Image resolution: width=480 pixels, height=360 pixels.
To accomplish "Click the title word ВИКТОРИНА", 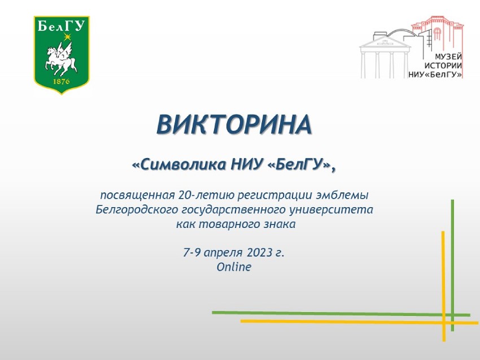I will [x=234, y=125].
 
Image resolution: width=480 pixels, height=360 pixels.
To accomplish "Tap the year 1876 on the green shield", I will [x=61, y=82].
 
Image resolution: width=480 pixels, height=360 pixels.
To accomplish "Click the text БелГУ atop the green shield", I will [x=62, y=25].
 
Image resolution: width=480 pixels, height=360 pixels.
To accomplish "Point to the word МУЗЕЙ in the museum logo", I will [x=448, y=57].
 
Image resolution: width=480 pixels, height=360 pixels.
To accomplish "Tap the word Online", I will [x=234, y=267].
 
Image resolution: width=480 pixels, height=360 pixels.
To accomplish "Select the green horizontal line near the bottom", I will [x=339, y=313].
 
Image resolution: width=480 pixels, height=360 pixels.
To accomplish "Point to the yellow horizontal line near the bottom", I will [x=350, y=322].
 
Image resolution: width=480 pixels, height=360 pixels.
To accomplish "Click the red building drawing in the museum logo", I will [x=438, y=31].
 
